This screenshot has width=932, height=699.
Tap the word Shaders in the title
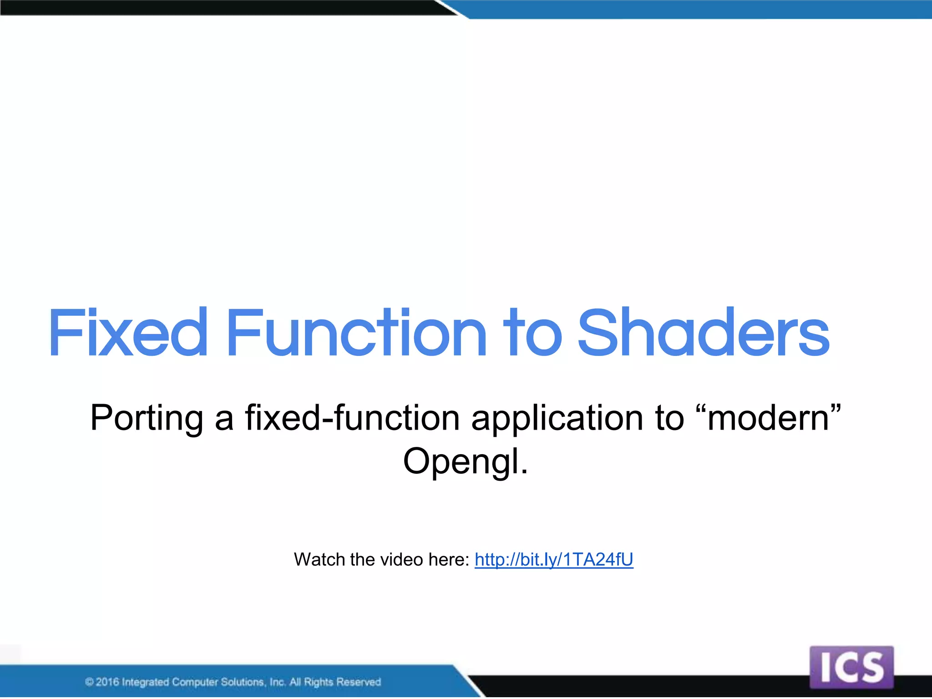(x=704, y=332)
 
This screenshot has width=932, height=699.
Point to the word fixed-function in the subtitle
(x=353, y=418)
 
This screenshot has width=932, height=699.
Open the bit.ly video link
(x=554, y=559)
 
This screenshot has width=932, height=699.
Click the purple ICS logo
(x=851, y=668)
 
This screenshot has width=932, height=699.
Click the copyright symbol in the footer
(x=90, y=682)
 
